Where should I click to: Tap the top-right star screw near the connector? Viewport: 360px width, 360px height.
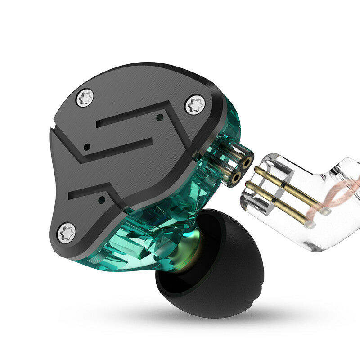195,104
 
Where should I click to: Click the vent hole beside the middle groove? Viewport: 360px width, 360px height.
89,147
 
